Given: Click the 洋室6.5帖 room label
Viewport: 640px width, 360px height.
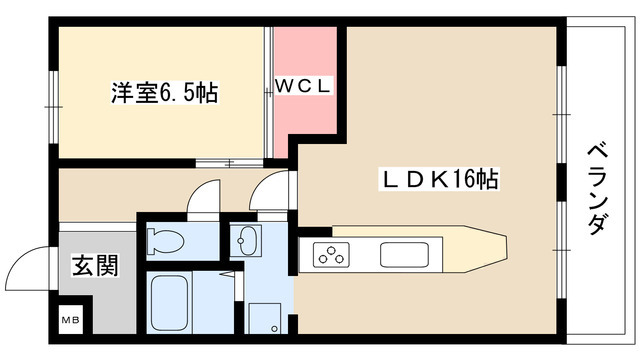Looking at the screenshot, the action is pos(164,94).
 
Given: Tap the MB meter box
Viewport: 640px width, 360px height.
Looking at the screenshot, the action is pos(72,320).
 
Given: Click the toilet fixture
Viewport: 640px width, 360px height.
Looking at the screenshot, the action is pos(166,240).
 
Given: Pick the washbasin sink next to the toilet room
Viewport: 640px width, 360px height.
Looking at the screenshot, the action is pos(245,241).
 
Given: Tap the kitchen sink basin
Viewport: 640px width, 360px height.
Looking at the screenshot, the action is pos(404,254).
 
